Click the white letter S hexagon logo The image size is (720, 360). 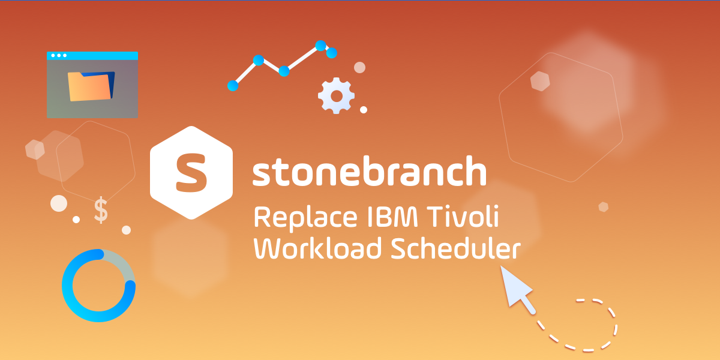click(x=191, y=172)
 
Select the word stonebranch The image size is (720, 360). click(x=368, y=172)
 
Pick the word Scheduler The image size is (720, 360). click(x=455, y=249)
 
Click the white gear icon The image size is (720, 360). click(x=336, y=95)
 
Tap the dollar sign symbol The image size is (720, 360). click(x=101, y=211)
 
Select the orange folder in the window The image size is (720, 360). click(x=91, y=86)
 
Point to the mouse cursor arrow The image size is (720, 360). click(x=516, y=288)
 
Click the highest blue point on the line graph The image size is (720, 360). click(x=320, y=45)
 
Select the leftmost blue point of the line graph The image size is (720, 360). click(x=233, y=86)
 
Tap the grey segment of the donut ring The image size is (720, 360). click(x=120, y=264)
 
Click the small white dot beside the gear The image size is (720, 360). click(x=364, y=110)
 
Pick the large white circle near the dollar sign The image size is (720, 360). click(x=59, y=203)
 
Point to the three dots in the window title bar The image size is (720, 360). click(x=59, y=55)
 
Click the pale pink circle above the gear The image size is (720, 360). click(x=359, y=67)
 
